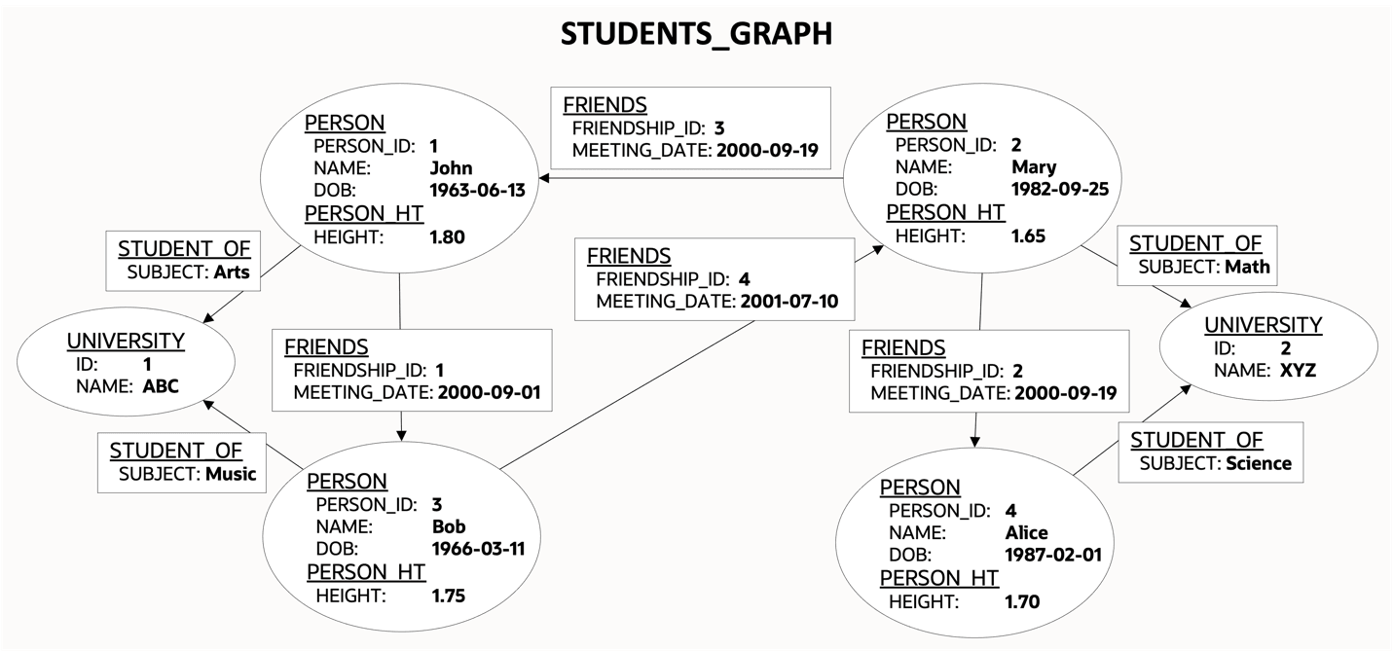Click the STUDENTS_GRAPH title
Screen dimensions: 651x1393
(696, 34)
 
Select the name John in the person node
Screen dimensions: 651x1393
(451, 168)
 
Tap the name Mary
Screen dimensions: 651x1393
(1034, 166)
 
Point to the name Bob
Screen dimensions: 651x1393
(449, 526)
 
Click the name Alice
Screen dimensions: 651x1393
(1026, 532)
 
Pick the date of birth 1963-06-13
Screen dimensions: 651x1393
(477, 191)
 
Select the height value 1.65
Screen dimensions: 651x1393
(1028, 235)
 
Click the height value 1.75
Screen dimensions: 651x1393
(449, 596)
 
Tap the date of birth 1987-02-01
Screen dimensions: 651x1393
(1052, 555)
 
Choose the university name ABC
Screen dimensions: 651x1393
(161, 386)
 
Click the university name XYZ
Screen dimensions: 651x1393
(1298, 371)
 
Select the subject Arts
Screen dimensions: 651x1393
(231, 272)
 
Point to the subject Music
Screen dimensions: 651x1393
(231, 475)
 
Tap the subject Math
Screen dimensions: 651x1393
(1248, 267)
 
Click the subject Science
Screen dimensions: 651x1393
(1259, 463)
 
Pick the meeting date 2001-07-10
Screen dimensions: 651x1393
(796, 302)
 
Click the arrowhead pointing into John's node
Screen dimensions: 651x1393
(545, 178)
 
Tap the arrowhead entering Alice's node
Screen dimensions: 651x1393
(974, 443)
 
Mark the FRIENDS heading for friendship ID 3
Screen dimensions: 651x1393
(605, 105)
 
